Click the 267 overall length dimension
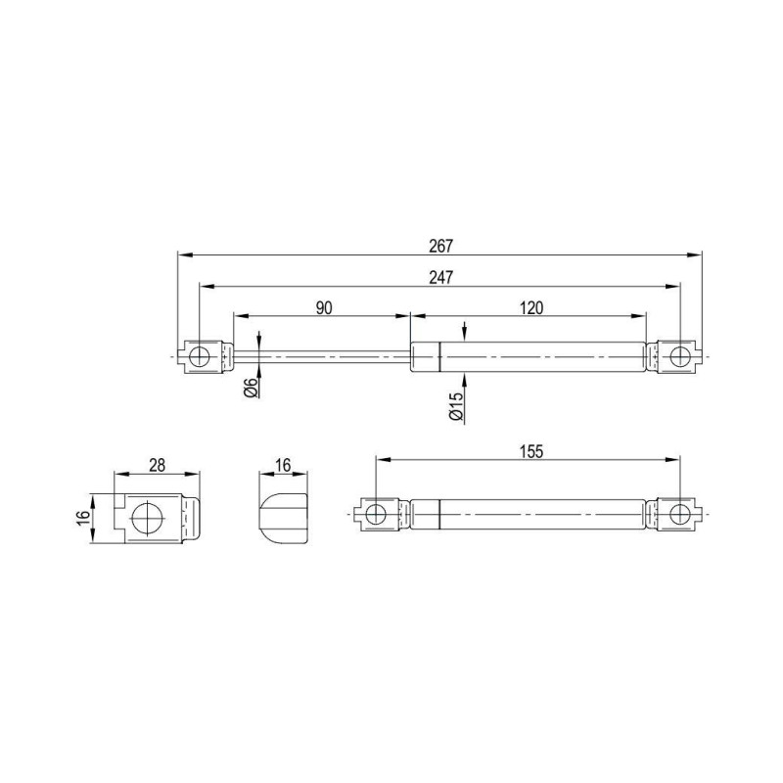click(441, 246)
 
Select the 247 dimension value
click(441, 277)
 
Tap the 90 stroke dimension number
click(324, 308)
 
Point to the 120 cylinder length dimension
click(531, 308)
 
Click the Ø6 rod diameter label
click(252, 388)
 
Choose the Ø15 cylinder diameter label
click(456, 407)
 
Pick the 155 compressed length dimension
click(530, 451)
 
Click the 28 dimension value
click(157, 466)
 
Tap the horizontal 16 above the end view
click(283, 466)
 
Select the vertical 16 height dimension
click(83, 516)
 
